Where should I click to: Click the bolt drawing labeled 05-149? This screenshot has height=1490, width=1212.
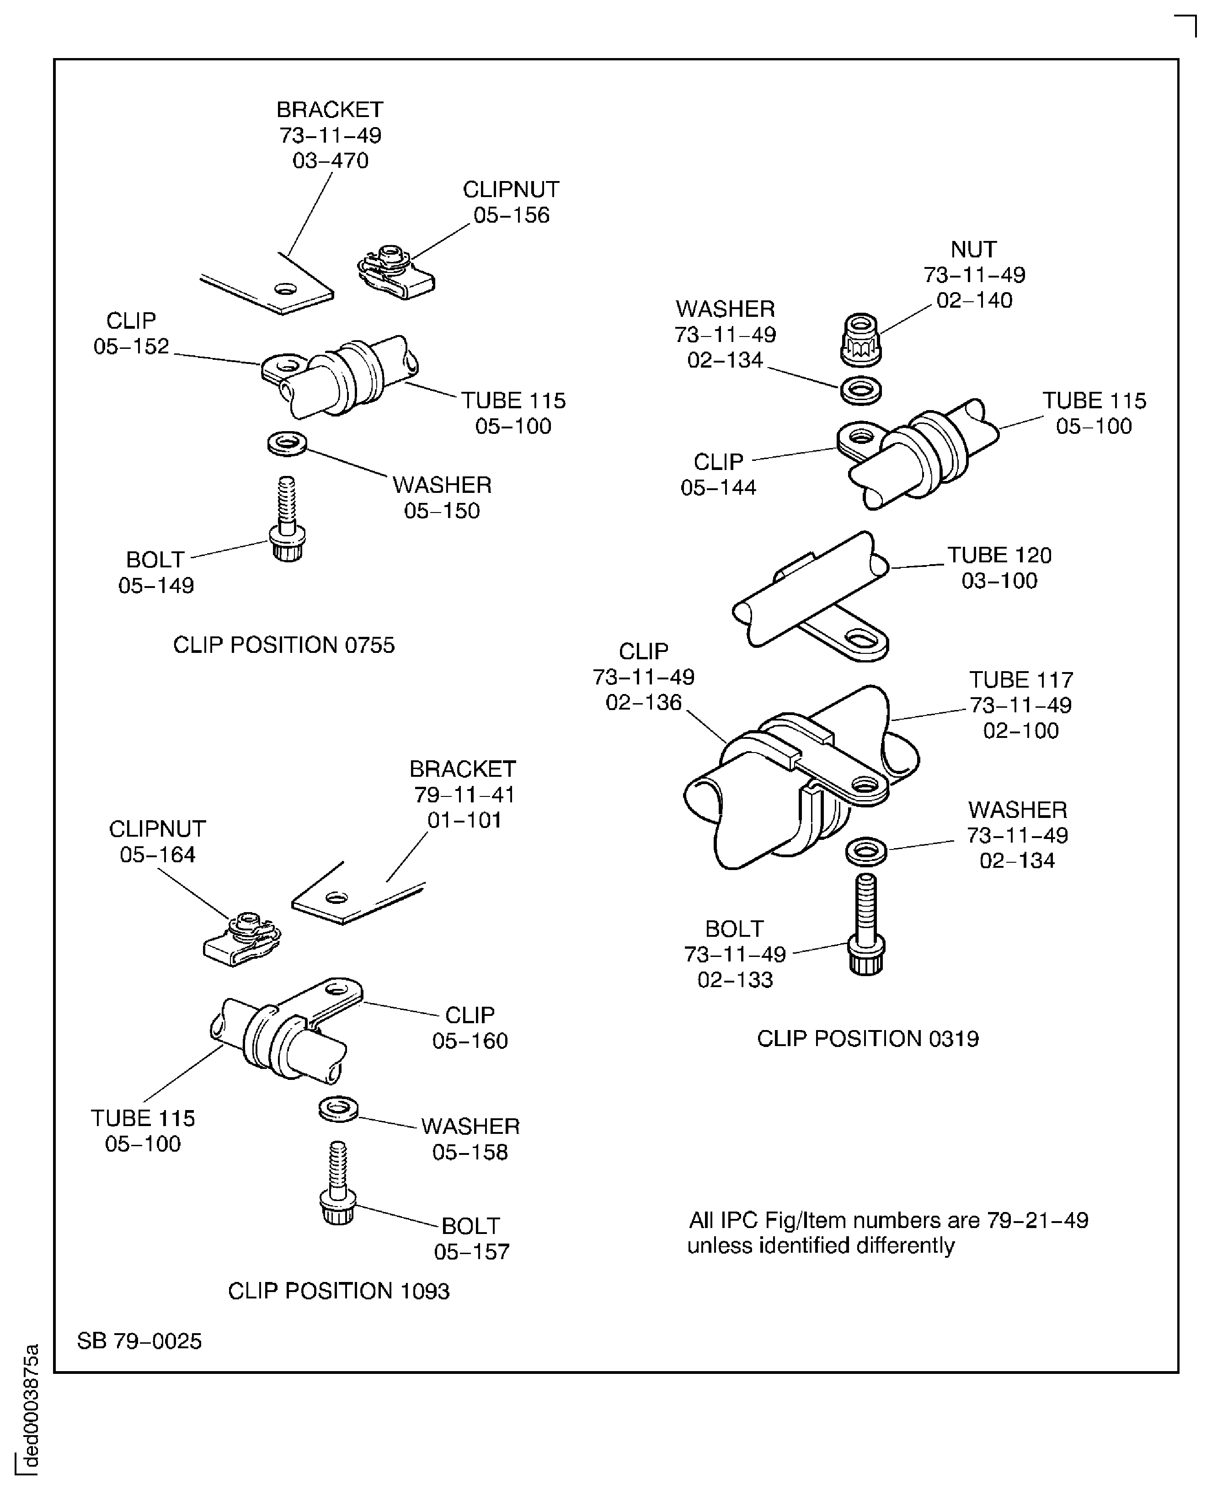point(287,521)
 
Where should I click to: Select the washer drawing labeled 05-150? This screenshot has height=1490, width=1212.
point(287,443)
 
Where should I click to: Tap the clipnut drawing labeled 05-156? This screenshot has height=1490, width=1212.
point(395,273)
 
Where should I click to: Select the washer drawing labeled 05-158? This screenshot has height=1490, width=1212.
point(339,1109)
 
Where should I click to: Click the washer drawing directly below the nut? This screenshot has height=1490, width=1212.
point(861,390)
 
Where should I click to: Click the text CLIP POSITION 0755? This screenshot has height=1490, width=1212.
point(283,645)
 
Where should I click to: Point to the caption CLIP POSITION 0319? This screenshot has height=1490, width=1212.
point(868,1039)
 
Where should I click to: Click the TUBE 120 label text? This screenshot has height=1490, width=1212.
point(999,555)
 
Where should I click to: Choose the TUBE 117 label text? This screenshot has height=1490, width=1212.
point(1021,679)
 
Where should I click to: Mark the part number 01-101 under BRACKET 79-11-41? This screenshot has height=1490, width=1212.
point(465,820)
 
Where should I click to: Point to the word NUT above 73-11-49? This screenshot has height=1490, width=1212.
point(973,249)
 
